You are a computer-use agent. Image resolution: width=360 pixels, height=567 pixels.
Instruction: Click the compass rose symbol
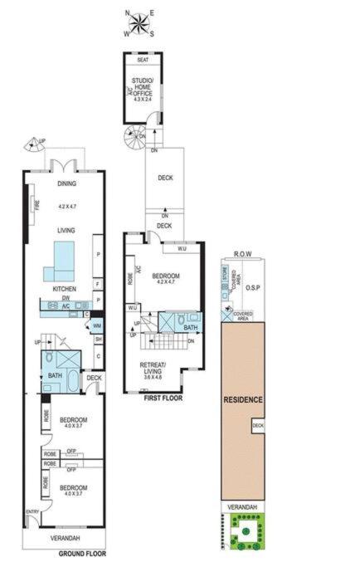click(139, 23)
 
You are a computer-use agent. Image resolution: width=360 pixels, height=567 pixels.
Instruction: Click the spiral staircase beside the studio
click(134, 136)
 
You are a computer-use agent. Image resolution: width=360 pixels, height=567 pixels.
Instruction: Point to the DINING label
click(66, 184)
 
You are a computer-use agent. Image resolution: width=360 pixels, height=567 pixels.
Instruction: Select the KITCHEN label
click(65, 289)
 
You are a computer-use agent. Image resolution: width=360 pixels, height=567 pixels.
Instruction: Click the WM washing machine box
click(97, 325)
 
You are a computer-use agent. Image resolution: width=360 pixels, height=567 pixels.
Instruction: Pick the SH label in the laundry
click(97, 340)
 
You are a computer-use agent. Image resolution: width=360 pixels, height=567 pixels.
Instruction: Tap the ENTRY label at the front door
click(32, 511)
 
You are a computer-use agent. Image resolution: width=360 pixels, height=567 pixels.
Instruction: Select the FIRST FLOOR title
click(162, 398)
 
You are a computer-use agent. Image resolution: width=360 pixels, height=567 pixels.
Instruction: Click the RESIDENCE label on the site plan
click(243, 400)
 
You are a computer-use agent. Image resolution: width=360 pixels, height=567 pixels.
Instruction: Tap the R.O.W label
click(242, 254)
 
